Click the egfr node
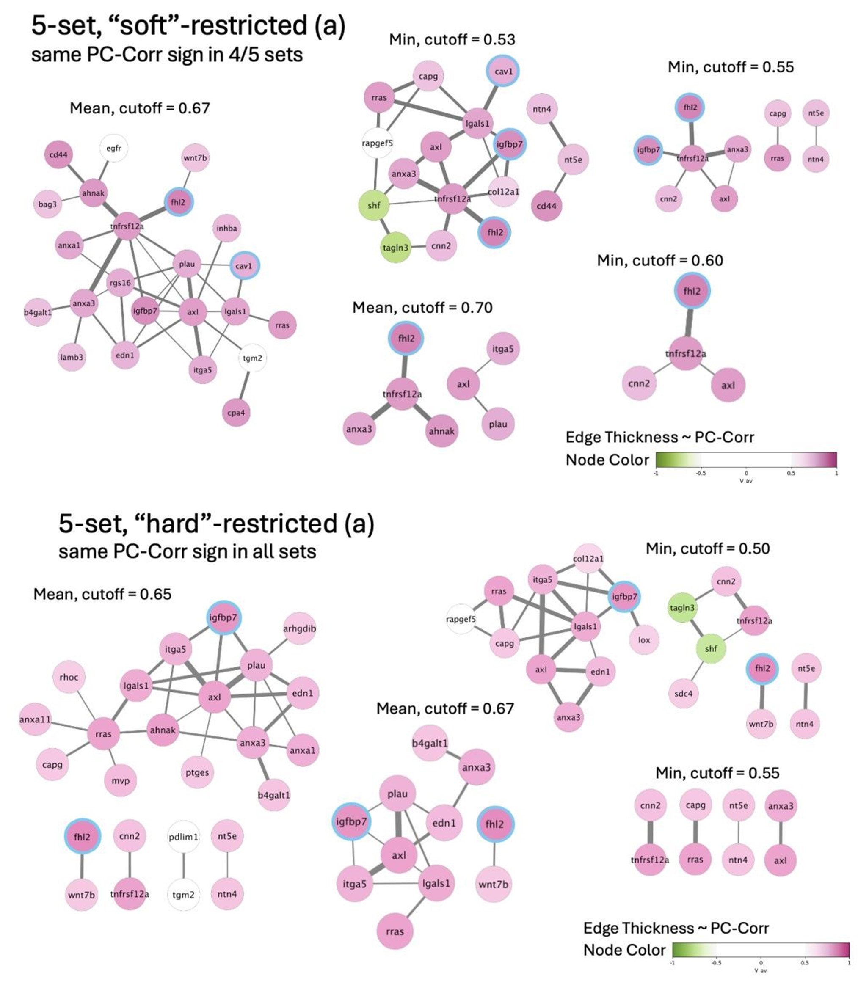114,149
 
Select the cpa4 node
236,413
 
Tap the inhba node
226,229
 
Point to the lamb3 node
72,357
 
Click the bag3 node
47,204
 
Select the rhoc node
69,677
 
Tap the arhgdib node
299,628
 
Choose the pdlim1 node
183,837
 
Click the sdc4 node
683,694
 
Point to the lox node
644,639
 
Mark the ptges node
197,772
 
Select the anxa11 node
35,719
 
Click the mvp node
121,781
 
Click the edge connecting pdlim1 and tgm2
183,865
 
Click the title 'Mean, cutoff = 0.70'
422,307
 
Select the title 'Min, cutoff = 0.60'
660,260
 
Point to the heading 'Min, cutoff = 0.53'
452,39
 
